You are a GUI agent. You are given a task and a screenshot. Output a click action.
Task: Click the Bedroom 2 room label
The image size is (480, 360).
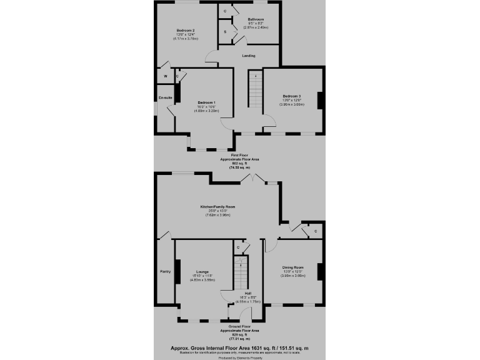(185, 31)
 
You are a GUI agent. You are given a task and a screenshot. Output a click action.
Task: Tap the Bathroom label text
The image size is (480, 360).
(255, 19)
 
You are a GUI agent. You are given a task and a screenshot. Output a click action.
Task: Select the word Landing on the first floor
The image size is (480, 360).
(248, 56)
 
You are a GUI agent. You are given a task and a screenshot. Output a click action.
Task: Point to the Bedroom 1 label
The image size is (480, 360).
(206, 102)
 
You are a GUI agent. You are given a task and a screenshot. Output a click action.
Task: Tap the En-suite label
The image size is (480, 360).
(165, 97)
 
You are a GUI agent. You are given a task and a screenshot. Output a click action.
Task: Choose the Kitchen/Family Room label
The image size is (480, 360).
(217, 206)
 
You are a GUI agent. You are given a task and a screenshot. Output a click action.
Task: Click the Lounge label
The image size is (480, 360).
(202, 271)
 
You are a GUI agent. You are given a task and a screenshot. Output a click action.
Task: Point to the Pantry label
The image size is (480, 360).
(165, 271)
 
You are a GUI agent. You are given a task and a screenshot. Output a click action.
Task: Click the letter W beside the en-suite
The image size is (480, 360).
(165, 76)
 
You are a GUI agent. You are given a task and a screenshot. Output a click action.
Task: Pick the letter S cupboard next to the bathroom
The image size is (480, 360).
(225, 31)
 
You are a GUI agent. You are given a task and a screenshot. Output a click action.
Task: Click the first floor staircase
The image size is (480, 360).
(256, 91)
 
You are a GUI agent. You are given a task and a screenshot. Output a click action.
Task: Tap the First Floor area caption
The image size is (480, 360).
(239, 161)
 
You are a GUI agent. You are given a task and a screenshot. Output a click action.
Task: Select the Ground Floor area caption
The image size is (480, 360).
(239, 332)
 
